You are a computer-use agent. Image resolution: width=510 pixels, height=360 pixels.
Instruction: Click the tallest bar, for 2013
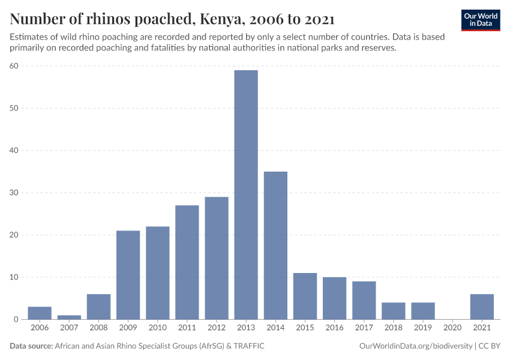tap(246, 195)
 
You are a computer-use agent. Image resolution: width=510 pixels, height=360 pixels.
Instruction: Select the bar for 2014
tap(275, 245)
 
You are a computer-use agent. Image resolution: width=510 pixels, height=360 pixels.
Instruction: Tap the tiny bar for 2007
tap(69, 317)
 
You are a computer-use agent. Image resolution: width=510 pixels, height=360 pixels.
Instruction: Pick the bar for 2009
tap(128, 275)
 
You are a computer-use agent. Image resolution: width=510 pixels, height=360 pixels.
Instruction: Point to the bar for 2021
tap(482, 307)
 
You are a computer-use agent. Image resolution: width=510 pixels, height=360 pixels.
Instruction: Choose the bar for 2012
tap(217, 258)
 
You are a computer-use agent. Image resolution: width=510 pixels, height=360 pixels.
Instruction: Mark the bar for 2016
tap(334, 298)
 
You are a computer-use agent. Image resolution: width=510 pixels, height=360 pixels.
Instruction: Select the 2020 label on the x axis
tap(452, 328)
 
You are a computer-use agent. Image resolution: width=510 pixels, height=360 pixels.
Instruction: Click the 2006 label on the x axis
tap(40, 328)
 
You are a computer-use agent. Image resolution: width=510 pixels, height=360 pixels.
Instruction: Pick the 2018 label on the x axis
tap(394, 328)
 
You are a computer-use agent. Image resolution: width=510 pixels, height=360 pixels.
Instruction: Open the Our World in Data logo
tap(480, 20)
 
